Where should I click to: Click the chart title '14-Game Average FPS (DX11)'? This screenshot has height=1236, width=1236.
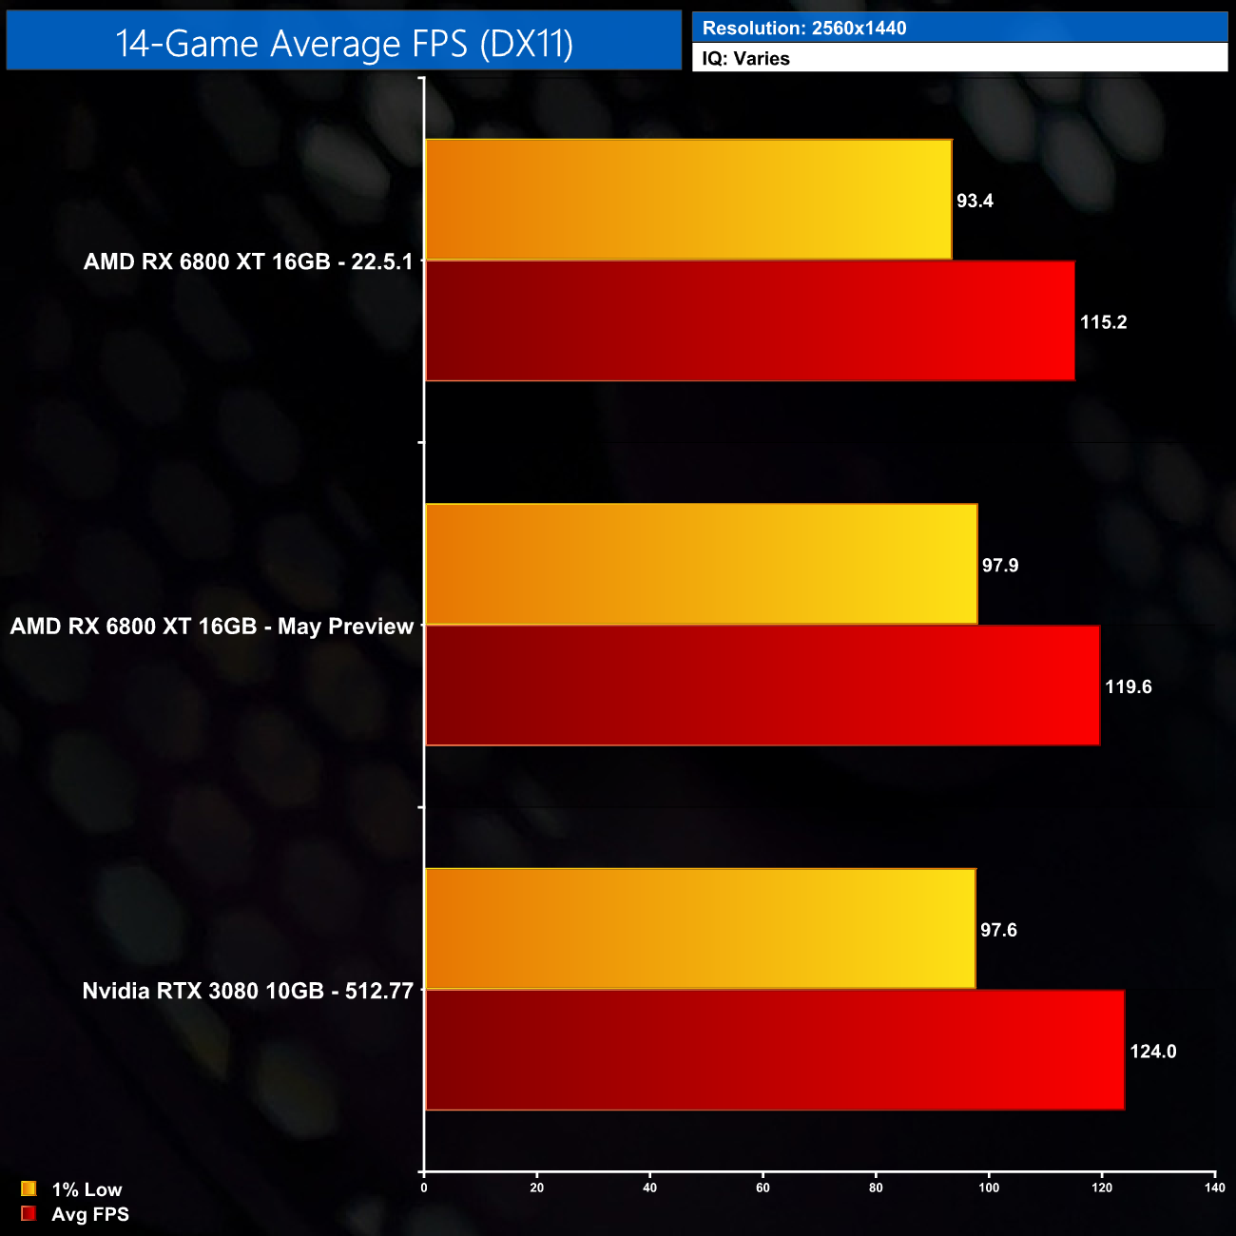coord(344,44)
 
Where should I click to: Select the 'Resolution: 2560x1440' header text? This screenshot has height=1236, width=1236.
coord(804,29)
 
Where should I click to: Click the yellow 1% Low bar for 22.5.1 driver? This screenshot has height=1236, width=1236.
coord(688,200)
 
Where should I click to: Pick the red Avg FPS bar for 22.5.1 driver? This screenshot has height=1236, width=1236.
coord(750,321)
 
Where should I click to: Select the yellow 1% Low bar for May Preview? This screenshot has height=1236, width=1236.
coord(702,565)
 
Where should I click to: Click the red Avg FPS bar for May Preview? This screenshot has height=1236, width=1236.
coord(763,686)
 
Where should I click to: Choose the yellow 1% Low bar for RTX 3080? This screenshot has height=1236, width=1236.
coord(701,929)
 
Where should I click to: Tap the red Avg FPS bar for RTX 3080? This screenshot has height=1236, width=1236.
coord(775,1050)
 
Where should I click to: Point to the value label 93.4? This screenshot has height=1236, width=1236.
coord(975,201)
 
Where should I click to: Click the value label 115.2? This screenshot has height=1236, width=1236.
coord(1103,322)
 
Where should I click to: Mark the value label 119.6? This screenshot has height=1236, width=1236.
coord(1128,686)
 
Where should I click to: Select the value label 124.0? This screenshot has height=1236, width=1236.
coord(1152,1052)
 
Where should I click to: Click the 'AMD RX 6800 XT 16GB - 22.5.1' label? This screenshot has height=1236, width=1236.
coord(248,261)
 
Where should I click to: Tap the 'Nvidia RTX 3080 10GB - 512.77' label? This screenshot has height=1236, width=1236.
coord(247,991)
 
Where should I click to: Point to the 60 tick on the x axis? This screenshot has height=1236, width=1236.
coord(763,1188)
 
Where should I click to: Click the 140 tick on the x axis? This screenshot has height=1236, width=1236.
coord(1214,1188)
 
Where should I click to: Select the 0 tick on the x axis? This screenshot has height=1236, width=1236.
coord(424,1188)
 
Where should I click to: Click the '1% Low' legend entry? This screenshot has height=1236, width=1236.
coord(87,1189)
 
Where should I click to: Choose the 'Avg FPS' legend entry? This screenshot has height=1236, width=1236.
coord(89,1214)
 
